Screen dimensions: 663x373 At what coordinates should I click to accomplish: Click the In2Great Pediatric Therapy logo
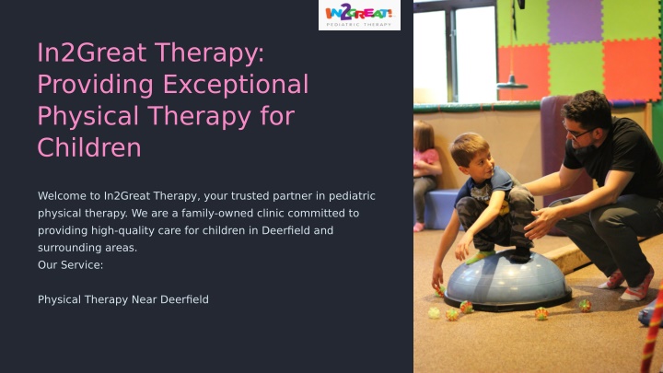pos(359,16)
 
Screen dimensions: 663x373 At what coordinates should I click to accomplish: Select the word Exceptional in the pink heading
pos(236,84)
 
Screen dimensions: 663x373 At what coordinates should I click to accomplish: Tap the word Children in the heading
pos(89,147)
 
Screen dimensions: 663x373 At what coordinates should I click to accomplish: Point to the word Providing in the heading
pos(95,85)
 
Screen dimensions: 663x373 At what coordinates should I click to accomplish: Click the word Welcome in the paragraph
pos(68,196)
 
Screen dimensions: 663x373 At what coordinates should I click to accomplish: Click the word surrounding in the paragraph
pos(69,248)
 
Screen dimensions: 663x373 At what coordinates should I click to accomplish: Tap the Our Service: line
pos(70,264)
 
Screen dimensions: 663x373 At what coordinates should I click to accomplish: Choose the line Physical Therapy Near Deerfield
pos(123,299)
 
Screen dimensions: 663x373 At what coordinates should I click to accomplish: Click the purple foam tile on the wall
pos(575,21)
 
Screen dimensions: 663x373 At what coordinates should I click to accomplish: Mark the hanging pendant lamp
pos(512,84)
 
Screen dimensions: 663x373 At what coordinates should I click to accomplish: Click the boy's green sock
pos(480,256)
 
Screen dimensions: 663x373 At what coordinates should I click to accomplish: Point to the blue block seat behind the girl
pos(441,210)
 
